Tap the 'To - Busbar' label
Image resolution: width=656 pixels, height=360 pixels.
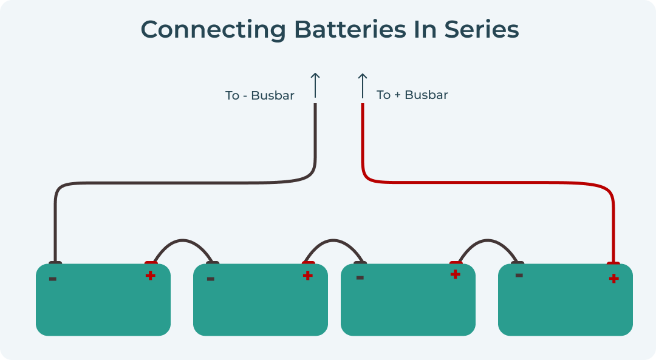(259, 96)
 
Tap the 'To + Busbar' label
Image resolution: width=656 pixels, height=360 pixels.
(412, 95)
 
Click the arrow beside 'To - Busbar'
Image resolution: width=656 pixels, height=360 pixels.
(315, 85)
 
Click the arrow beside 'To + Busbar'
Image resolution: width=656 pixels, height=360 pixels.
(363, 85)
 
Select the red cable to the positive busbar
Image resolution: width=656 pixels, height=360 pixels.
(486, 182)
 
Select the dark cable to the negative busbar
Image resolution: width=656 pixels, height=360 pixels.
(182, 182)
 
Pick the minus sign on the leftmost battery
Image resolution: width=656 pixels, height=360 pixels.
(53, 279)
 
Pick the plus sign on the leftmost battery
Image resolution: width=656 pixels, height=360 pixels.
(150, 276)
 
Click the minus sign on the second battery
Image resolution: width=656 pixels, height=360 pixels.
(210, 279)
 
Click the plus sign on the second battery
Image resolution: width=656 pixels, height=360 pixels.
(308, 276)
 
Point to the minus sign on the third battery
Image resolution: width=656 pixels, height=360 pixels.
(360, 278)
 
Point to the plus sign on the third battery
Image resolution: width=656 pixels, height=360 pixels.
(455, 274)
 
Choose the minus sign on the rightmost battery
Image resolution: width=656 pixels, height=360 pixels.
(519, 275)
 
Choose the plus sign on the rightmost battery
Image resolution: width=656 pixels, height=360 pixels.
(613, 279)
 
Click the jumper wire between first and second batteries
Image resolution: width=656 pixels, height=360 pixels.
(182, 240)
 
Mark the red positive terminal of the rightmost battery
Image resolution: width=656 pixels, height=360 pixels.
(613, 263)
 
